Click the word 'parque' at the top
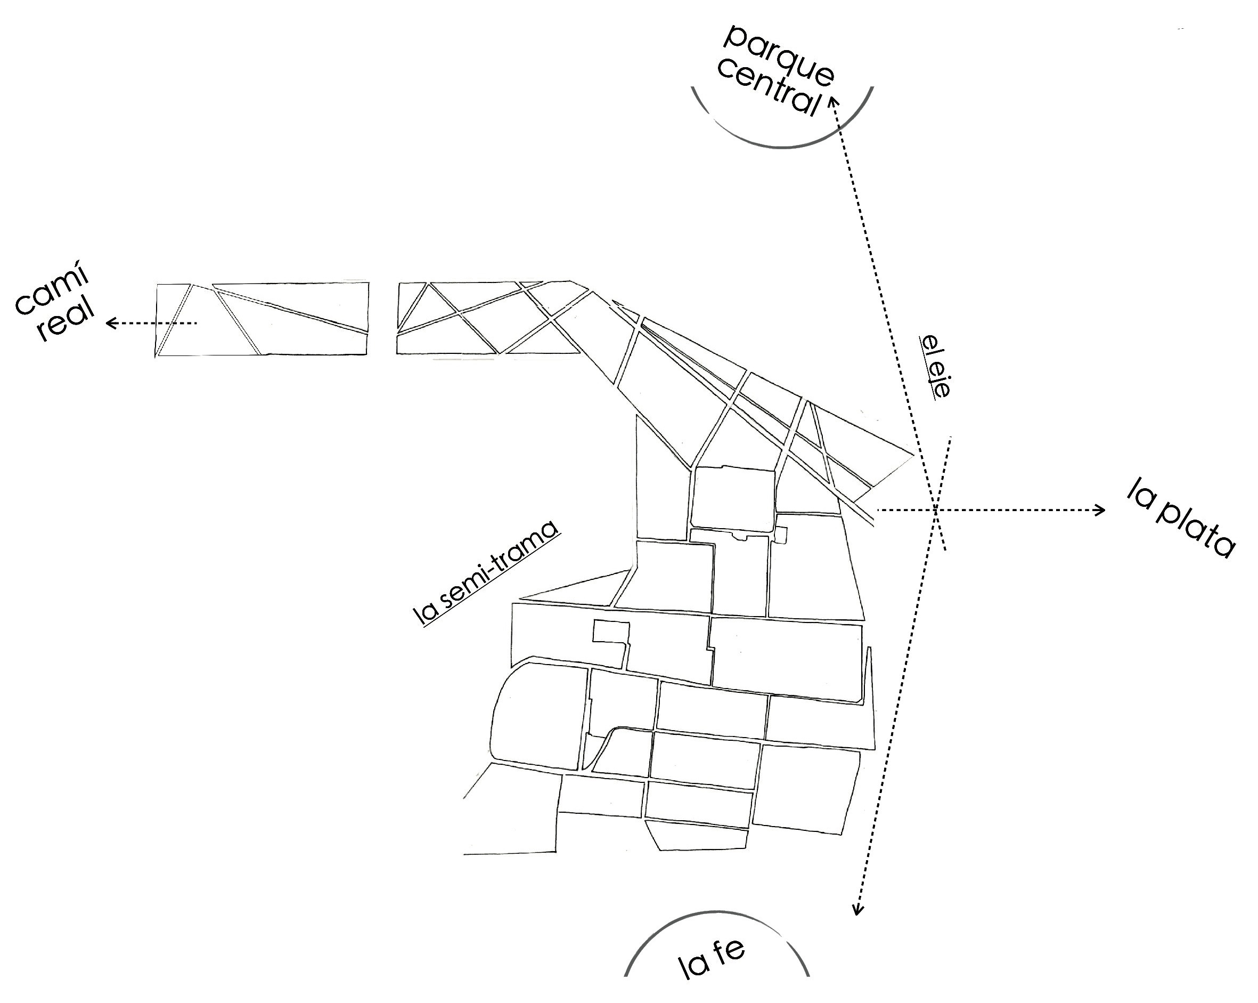779,55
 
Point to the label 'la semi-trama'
485,574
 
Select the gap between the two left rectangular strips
382,319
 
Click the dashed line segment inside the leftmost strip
178,323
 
